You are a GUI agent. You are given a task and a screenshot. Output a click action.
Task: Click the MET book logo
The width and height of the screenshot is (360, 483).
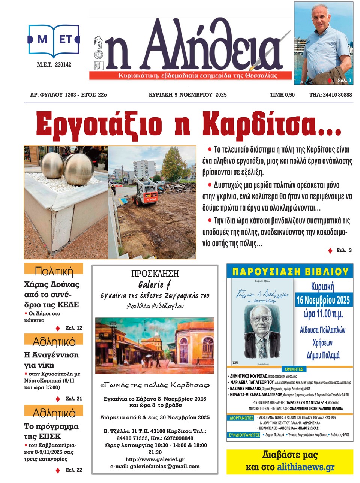pos(54,39)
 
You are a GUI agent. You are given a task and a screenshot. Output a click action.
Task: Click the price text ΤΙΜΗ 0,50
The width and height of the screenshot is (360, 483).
pos(282,95)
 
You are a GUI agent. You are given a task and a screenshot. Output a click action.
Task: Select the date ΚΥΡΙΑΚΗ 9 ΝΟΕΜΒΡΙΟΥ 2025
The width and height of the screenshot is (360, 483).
pos(187,95)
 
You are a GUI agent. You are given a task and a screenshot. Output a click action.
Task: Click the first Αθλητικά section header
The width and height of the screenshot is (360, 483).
pos(54,342)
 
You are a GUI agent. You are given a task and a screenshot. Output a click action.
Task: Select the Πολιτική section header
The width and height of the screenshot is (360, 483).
pos(54,271)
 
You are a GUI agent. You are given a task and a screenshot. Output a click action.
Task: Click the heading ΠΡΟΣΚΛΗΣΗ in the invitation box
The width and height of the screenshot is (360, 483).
pos(155,274)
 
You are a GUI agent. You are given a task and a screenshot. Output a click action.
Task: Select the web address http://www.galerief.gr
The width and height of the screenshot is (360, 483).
pos(154,459)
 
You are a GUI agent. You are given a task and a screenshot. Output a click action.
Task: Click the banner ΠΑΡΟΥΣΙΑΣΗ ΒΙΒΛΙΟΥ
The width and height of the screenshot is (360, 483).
pos(290,271)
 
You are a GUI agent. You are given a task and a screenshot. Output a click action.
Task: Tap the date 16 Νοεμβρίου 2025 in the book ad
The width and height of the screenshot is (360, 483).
pos(323,300)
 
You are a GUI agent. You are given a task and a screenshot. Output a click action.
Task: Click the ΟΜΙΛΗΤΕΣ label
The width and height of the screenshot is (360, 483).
pos(294,369)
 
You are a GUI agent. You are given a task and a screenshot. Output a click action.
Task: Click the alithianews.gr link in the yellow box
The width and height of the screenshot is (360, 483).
pos(306,467)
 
